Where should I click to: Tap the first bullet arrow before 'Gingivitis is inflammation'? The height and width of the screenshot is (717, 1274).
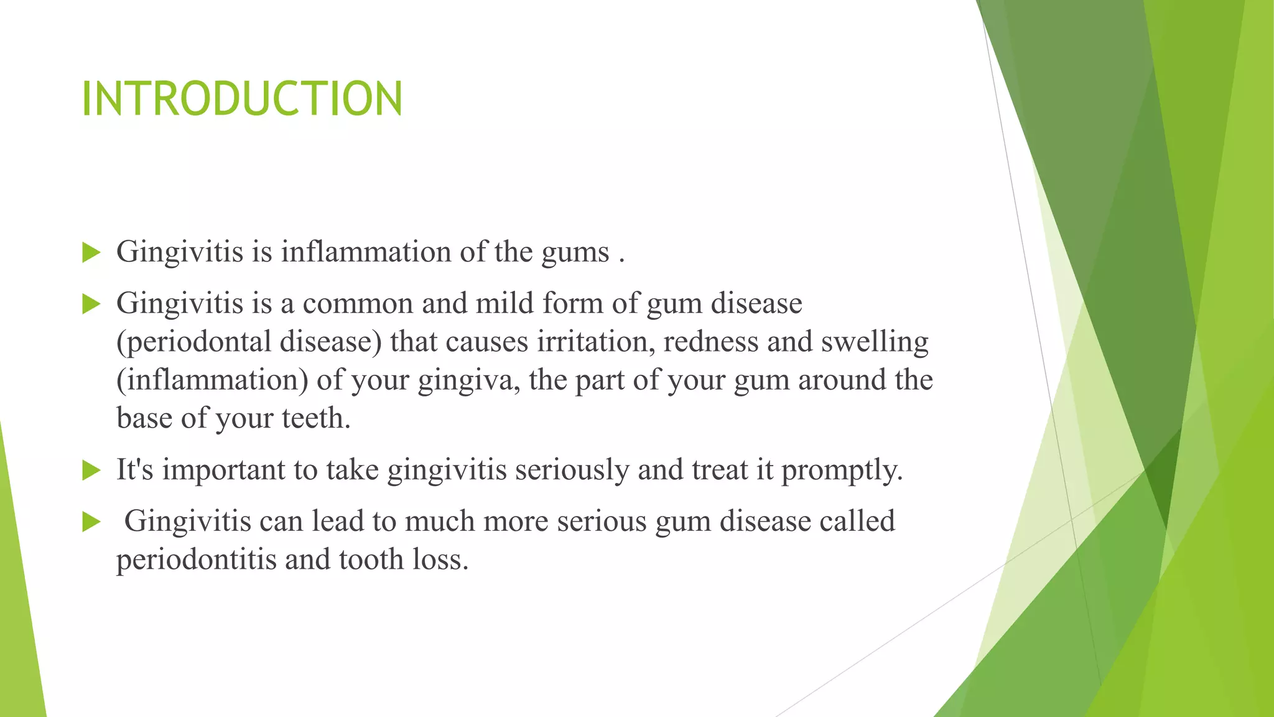(91, 253)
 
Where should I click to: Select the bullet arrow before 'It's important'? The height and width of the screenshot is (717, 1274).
(91, 471)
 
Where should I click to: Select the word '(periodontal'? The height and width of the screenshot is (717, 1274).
(193, 342)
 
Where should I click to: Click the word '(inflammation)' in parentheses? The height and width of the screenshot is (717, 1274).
(212, 380)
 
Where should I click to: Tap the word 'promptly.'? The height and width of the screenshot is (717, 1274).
(842, 471)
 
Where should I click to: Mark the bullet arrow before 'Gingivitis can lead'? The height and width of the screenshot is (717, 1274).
(91, 523)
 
